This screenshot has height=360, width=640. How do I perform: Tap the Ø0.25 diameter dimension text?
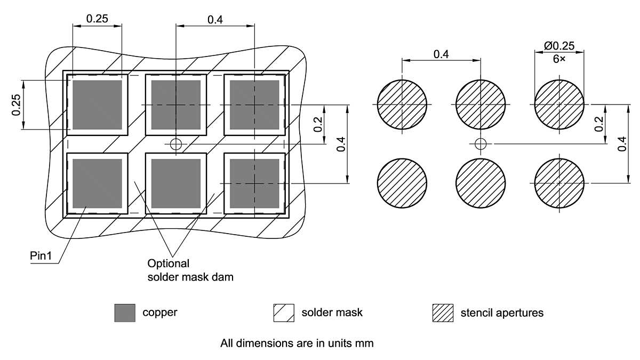[559, 46]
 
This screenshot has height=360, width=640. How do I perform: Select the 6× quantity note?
[559, 59]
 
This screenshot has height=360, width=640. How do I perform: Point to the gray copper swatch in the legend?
[125, 313]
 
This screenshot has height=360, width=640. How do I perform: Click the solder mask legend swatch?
[284, 313]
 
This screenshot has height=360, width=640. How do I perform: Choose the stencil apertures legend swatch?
[443, 313]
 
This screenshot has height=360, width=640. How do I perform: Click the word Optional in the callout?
[168, 263]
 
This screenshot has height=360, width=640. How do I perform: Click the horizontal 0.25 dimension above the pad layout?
[97, 19]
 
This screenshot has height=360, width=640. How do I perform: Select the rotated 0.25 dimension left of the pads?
[17, 105]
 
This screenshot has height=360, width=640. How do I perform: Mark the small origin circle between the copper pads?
[175, 143]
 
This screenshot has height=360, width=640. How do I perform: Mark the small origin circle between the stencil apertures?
[481, 143]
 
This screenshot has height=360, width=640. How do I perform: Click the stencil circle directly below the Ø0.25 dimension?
[559, 104]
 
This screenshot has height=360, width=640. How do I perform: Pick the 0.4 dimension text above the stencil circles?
[441, 54]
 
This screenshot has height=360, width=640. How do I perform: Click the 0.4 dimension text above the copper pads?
[215, 20]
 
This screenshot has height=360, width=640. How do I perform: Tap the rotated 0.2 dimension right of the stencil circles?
[599, 124]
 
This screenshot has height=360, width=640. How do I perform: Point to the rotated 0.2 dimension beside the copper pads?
[318, 124]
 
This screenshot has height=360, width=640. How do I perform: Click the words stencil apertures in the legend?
[502, 313]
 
